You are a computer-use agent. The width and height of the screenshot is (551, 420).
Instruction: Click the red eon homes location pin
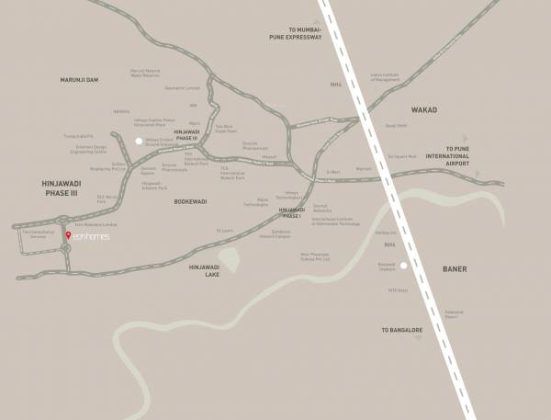(66, 236)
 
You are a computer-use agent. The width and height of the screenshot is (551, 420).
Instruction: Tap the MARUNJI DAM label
(79, 80)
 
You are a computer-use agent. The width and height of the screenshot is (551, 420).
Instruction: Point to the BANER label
(455, 269)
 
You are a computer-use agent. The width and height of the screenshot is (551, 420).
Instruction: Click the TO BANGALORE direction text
(402, 328)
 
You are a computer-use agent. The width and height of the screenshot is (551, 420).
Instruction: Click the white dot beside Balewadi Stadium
(403, 265)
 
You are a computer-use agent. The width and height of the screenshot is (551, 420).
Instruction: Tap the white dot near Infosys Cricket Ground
(139, 142)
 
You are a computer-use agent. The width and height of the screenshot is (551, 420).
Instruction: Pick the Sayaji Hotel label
(396, 126)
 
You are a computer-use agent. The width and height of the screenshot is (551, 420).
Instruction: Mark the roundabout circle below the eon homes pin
(66, 247)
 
